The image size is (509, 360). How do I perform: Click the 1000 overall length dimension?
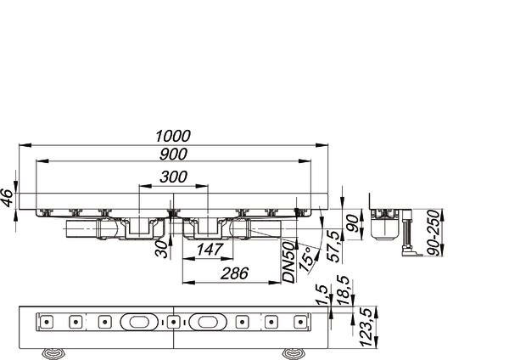(173, 136)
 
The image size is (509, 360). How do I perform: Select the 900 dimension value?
(173, 154)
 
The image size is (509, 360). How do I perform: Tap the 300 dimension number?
(173, 177)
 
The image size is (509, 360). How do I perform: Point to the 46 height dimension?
(7, 198)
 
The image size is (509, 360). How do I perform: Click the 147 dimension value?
(210, 250)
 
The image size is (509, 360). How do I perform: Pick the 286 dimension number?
(234, 273)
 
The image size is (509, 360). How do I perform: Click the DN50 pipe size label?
(288, 262)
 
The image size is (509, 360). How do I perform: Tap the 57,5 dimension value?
(335, 246)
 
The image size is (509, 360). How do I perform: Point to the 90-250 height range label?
(433, 233)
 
